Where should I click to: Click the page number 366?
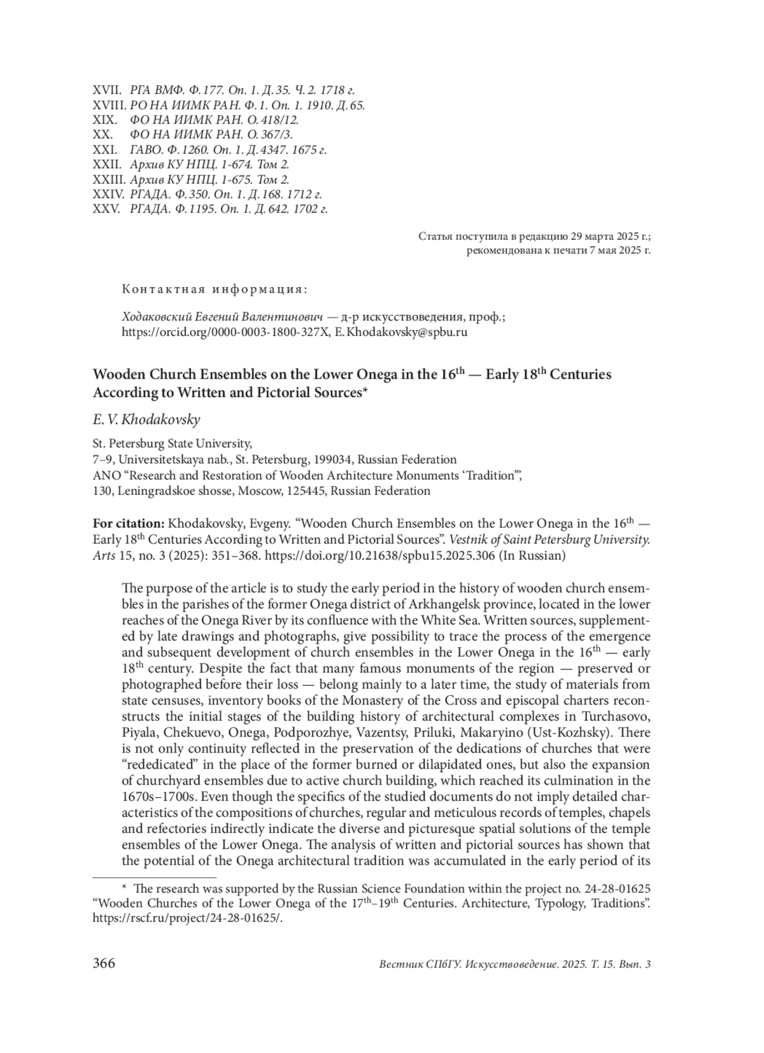point(104,963)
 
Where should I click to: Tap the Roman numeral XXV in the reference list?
point(106,209)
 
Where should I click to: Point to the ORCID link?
point(223,331)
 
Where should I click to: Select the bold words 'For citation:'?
point(129,524)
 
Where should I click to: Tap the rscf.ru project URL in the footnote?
point(187,919)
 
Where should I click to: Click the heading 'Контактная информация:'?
point(215,289)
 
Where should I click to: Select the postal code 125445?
point(308,491)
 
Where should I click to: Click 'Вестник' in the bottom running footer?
point(399,965)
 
